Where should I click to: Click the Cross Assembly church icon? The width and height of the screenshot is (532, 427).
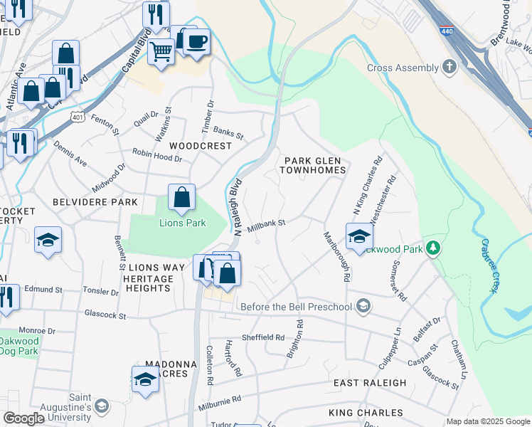[x=449, y=68]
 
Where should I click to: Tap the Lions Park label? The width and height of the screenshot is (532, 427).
[x=181, y=223]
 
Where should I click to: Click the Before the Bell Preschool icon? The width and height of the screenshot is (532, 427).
[x=363, y=307]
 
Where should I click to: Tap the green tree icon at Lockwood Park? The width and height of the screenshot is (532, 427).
[x=432, y=249]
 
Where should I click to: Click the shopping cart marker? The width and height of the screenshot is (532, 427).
[x=161, y=51]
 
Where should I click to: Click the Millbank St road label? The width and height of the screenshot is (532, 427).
[x=266, y=223]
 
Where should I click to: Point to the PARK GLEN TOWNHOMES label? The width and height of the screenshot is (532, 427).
[x=315, y=165]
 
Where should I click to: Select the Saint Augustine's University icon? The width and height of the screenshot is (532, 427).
[x=102, y=406]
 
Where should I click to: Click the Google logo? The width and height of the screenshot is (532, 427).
[x=23, y=418]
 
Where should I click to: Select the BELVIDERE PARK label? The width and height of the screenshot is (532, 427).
[x=95, y=202]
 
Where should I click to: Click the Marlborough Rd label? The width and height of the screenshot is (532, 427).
[x=336, y=257]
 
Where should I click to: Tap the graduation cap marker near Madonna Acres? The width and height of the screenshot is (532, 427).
[x=145, y=379]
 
